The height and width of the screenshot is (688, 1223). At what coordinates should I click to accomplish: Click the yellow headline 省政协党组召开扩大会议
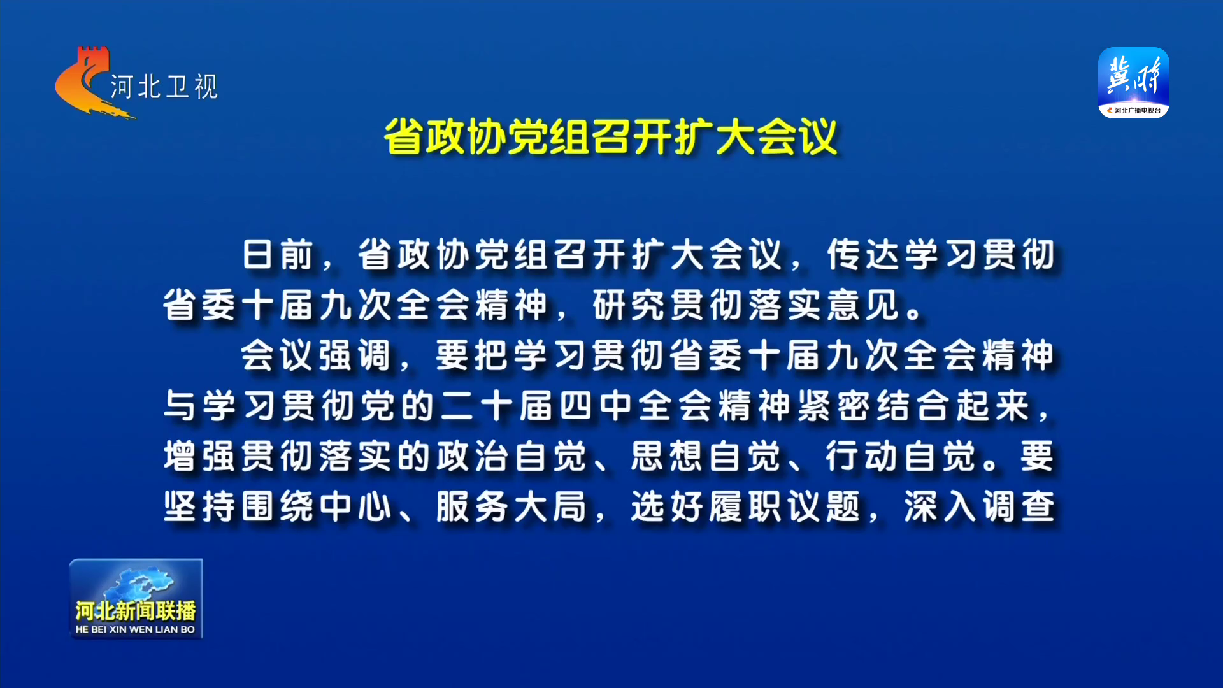[x=610, y=136]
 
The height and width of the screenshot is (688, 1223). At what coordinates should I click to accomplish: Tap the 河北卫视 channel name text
[x=164, y=87]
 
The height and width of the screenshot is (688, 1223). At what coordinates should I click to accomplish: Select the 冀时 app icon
[x=1134, y=82]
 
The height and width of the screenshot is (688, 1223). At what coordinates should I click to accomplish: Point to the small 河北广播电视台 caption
[x=1138, y=111]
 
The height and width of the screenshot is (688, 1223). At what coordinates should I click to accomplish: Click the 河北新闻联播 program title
[x=136, y=610]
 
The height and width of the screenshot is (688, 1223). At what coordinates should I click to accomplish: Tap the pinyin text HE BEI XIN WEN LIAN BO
[x=135, y=629]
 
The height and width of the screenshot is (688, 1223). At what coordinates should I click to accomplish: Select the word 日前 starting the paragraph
[x=278, y=255]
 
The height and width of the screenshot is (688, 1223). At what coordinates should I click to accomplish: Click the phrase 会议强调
[x=315, y=355]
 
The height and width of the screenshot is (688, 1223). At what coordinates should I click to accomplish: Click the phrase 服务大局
[x=511, y=507]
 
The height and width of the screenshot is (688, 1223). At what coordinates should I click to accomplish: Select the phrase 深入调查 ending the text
[x=980, y=507]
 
